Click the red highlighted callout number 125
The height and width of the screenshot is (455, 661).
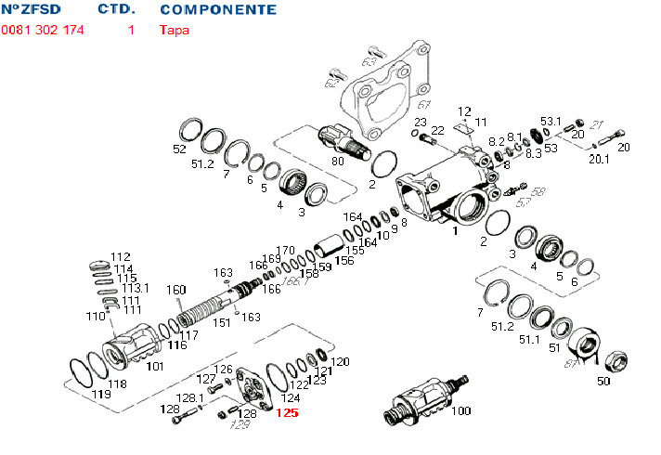(287, 413)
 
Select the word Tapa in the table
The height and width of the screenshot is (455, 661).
(173, 30)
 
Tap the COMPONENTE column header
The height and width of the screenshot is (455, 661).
(218, 9)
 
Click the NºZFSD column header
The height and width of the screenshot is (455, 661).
(29, 9)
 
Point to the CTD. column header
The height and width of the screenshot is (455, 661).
(116, 9)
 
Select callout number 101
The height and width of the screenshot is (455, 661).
(155, 367)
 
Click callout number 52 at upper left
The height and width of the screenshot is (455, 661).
(180, 149)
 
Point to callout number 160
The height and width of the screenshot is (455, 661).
(176, 289)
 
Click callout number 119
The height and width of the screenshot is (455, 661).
(102, 395)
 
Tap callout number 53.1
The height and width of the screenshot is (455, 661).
(551, 122)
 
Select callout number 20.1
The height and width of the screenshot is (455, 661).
(600, 159)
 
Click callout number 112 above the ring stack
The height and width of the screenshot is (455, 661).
(121, 257)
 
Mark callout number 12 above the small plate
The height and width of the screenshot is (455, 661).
(464, 111)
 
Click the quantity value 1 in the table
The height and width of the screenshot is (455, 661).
(131, 30)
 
